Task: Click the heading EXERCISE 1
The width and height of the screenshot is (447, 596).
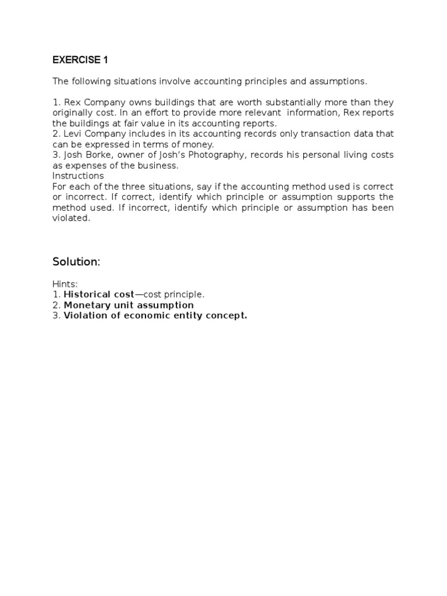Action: point(80,60)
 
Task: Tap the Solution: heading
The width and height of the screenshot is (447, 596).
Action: point(76,262)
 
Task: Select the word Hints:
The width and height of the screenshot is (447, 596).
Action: point(65,284)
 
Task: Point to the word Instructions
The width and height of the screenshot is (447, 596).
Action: point(78,176)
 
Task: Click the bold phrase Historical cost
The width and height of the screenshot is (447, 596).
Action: point(99,295)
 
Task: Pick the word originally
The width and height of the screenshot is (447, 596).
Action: point(73,113)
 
